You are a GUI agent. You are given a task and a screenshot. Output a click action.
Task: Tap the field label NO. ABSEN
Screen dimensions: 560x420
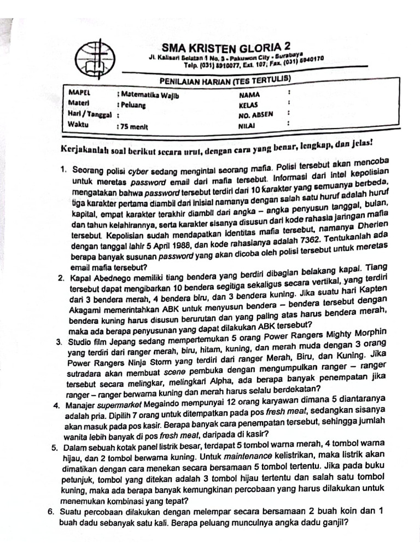255,115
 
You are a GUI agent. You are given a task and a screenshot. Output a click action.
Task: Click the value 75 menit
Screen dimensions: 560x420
133,126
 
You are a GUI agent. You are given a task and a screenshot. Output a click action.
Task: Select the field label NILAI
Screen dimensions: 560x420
247,126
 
